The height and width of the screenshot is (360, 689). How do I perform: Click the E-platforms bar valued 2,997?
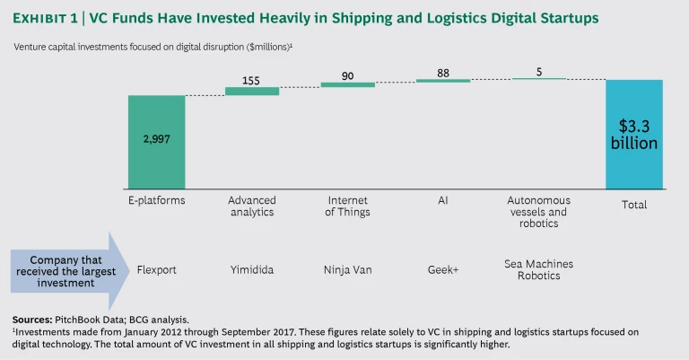[156, 140]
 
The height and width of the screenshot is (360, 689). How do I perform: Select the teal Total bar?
[634, 134]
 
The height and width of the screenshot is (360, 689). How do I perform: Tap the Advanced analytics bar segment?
[252, 91]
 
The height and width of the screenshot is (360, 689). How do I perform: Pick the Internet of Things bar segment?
[348, 84]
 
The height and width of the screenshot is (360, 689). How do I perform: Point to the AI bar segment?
[443, 81]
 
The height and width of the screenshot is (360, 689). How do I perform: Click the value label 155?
[252, 79]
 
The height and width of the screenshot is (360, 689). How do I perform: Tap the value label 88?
[443, 70]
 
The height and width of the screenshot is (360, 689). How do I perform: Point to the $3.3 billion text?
[634, 134]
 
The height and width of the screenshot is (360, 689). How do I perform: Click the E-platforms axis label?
[157, 201]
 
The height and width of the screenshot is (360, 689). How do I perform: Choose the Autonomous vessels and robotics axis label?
[538, 212]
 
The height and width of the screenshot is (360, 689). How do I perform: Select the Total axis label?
[634, 205]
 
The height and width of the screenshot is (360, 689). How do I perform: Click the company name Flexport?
[157, 268]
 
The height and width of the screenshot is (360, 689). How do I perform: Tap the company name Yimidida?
[252, 268]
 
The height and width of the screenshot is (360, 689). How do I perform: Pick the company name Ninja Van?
[348, 268]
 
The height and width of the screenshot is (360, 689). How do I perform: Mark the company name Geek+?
[443, 268]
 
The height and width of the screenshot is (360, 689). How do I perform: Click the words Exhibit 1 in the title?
[48, 18]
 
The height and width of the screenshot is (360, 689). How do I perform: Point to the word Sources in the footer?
[33, 320]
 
